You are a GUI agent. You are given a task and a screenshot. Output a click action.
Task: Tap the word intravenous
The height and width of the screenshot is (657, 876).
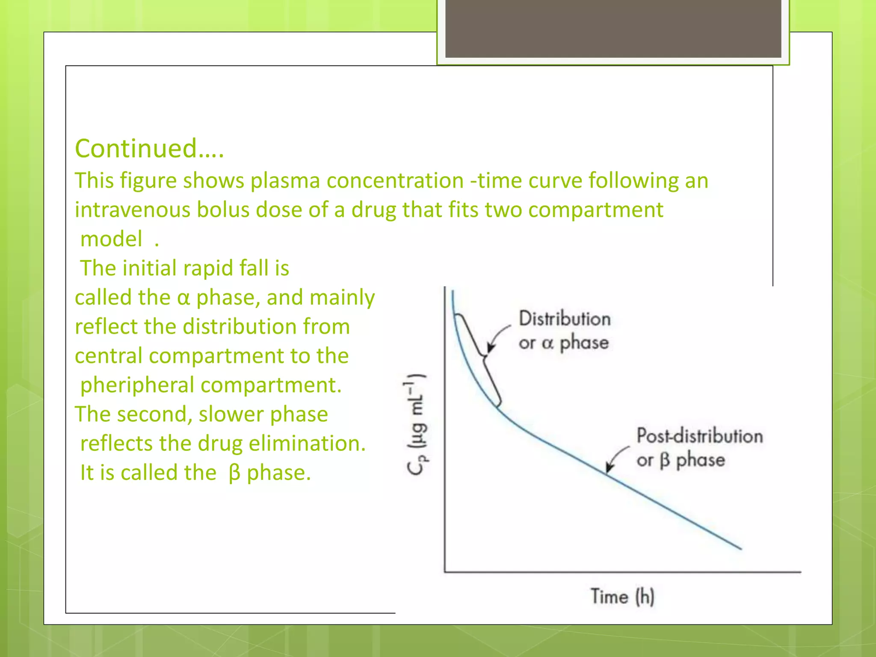pos(133,210)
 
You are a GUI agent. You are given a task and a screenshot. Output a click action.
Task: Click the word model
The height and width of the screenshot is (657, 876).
pos(111,239)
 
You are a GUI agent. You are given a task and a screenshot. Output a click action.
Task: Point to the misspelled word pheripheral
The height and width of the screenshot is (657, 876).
pos(137,385)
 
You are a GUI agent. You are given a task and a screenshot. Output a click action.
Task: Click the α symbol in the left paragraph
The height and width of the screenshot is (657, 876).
pos(183,298)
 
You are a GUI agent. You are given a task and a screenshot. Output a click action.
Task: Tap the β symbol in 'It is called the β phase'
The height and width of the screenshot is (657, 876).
pos(234,473)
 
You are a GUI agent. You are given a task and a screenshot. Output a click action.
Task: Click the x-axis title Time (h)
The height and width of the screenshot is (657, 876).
pos(622,596)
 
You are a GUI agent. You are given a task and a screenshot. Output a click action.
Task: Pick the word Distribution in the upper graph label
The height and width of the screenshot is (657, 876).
pos(565,319)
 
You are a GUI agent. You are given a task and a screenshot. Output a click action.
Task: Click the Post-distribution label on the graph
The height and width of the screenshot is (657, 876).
pos(699,436)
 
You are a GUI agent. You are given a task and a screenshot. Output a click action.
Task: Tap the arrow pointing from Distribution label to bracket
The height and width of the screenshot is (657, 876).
pos(497,337)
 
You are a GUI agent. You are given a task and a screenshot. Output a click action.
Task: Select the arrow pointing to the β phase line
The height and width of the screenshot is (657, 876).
pos(616,458)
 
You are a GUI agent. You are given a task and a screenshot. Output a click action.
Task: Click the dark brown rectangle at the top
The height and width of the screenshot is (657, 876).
pos(613,28)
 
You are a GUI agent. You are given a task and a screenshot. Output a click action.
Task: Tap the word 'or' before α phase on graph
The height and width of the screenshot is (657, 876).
pos(527,343)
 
